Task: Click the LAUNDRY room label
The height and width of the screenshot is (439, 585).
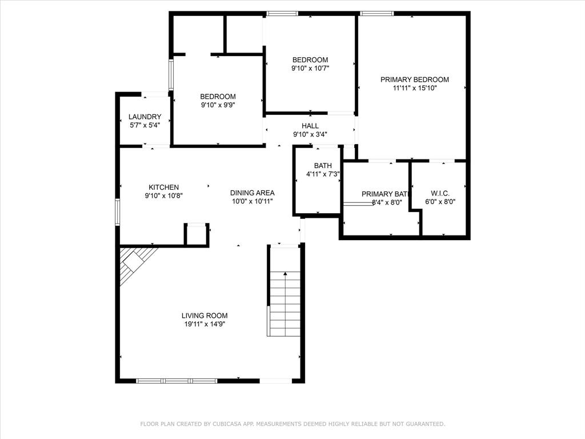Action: point(145,117)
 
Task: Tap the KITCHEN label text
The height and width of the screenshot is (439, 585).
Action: point(164,187)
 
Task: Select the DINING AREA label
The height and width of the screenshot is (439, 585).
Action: point(252,193)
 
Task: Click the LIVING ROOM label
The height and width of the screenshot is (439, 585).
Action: point(205,316)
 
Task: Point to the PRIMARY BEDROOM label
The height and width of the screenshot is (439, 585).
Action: point(414,79)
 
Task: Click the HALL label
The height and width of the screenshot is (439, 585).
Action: point(310,126)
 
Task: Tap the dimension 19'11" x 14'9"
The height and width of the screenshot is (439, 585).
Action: point(205,324)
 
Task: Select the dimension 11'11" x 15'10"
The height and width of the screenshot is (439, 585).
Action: point(414,88)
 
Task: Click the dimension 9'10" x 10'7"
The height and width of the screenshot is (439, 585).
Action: point(310,68)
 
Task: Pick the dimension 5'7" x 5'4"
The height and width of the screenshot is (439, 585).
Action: point(145,125)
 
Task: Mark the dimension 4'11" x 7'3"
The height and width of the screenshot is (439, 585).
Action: point(323,174)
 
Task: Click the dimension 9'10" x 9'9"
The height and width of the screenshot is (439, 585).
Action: point(218,105)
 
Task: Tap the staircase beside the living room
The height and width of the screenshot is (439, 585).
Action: point(285,303)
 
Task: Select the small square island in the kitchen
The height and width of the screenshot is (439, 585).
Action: point(197,234)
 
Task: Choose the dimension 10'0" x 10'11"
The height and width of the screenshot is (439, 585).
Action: point(252,201)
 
